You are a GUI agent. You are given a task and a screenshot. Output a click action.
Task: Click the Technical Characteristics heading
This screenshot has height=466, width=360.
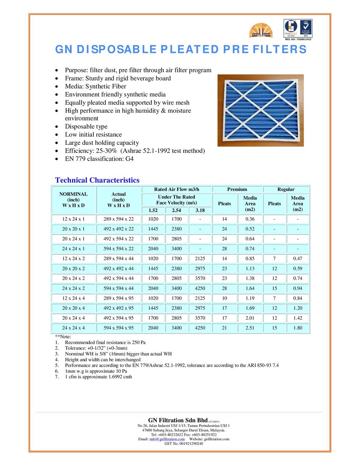97,180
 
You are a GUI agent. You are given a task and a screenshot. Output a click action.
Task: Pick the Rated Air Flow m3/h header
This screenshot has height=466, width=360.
176,190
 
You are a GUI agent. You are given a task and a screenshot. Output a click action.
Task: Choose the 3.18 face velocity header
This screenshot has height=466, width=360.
200,211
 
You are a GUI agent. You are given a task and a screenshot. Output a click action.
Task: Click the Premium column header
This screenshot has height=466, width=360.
237,190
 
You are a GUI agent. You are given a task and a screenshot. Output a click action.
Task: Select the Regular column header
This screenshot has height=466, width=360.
286,190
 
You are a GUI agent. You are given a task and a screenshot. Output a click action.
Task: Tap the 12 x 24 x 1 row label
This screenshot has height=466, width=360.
74,219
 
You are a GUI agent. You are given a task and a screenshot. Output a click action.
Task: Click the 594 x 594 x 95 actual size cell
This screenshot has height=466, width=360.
118,328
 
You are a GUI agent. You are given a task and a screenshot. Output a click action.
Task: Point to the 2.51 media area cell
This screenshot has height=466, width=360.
250,328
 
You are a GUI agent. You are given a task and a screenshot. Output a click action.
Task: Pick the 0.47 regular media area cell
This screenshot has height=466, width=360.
297,259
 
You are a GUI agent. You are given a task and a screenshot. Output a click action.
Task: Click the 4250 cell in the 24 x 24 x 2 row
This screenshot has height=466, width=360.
200,288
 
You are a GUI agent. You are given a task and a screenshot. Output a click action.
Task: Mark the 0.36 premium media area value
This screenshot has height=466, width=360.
250,219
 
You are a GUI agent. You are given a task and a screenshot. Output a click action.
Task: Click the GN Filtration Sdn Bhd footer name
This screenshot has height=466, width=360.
178,420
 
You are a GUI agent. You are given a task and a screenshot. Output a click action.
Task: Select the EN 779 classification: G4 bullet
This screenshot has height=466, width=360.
99,159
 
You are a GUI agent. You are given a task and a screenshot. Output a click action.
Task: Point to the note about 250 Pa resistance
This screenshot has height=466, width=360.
105,342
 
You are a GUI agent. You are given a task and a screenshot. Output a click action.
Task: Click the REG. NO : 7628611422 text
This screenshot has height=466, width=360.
297,39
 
